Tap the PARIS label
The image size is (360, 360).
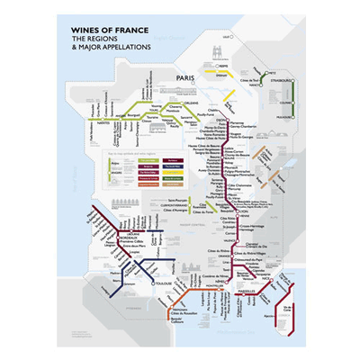tap(185, 78)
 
